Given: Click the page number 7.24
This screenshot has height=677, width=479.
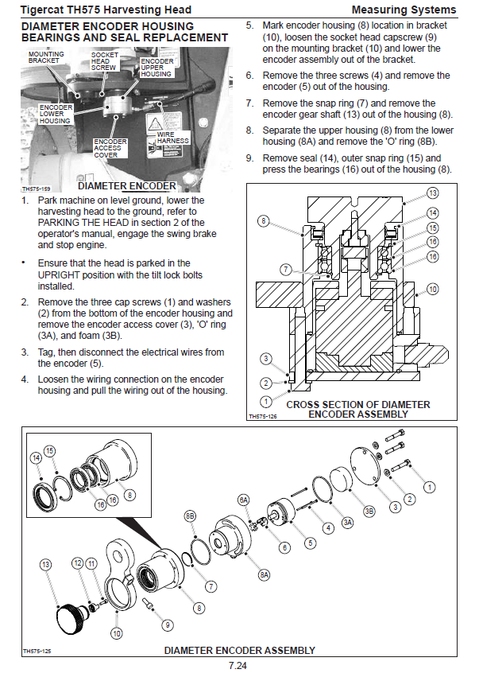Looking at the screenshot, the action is pyautogui.click(x=238, y=665).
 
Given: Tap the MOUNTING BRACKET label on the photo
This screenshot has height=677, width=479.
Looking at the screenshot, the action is pyautogui.click(x=46, y=57).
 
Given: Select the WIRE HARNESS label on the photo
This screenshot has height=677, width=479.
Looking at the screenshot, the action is pyautogui.click(x=172, y=138).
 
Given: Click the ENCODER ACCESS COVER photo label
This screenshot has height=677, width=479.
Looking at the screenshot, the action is pyautogui.click(x=110, y=148).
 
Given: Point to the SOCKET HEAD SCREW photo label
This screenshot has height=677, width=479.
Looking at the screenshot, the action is pyautogui.click(x=104, y=61).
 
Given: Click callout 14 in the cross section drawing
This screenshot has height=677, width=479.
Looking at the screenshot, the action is pyautogui.click(x=432, y=213).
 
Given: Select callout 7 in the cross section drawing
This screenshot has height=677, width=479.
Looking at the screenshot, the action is pyautogui.click(x=286, y=270).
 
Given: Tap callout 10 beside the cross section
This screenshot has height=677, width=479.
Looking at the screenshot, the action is pyautogui.click(x=432, y=289).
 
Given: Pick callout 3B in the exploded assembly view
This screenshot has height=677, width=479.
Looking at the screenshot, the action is pyautogui.click(x=369, y=512).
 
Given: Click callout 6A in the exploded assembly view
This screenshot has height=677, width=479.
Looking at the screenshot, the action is pyautogui.click(x=244, y=500).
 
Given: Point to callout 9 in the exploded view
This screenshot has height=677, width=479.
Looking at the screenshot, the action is pyautogui.click(x=168, y=624).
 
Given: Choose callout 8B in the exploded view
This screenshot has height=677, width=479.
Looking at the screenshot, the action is pyautogui.click(x=190, y=516).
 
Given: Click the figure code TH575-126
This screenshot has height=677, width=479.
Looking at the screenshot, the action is pyautogui.click(x=263, y=417).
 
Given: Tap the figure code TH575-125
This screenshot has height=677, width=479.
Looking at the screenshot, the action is pyautogui.click(x=37, y=651).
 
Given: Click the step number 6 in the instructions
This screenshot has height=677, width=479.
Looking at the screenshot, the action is pyautogui.click(x=249, y=76).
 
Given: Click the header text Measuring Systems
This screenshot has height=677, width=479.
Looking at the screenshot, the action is pyautogui.click(x=404, y=10).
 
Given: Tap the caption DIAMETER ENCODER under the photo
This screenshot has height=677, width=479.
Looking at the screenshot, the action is pyautogui.click(x=127, y=186).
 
